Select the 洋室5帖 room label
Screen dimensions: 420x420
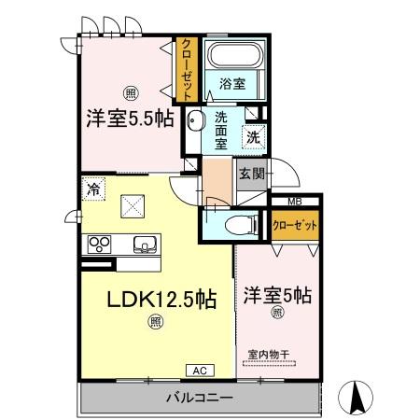277,295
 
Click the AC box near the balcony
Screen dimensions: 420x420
199,370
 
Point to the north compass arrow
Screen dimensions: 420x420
356,399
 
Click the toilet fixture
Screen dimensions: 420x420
239,224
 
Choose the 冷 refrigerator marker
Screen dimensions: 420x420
94,189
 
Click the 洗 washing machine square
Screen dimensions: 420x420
253,137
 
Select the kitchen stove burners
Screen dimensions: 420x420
100,245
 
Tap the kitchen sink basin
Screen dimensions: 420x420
145,245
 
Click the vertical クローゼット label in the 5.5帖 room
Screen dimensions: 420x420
187,69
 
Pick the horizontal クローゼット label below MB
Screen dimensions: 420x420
294,224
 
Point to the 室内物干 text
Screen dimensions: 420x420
270,354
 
